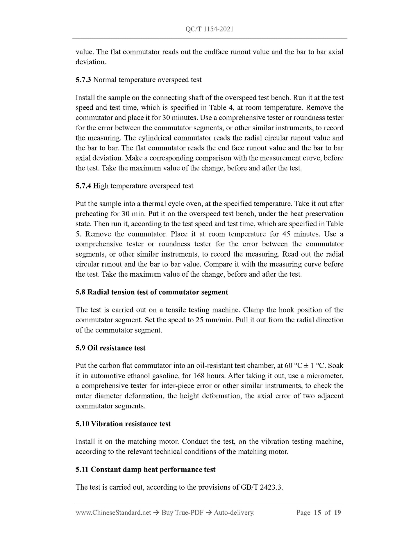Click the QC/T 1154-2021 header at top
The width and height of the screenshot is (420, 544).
coord(209,29)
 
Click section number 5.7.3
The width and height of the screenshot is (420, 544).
coord(83,80)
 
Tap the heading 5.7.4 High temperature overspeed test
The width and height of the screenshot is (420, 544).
coord(134,186)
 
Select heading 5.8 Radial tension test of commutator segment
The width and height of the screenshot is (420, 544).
coord(152,292)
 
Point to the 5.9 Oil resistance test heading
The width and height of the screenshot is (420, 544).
coord(110,348)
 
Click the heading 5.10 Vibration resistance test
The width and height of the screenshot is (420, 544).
coord(123,424)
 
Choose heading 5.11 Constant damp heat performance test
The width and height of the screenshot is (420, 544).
coord(145,470)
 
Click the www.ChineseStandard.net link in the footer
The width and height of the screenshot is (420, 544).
coord(113,513)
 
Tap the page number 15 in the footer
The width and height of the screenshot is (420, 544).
coord(317,513)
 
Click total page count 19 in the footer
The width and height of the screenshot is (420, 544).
coord(337,513)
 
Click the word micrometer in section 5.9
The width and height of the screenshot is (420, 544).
coord(326,376)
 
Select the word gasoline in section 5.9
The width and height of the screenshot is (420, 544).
coord(164,376)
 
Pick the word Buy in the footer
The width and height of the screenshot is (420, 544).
coord(167,513)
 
